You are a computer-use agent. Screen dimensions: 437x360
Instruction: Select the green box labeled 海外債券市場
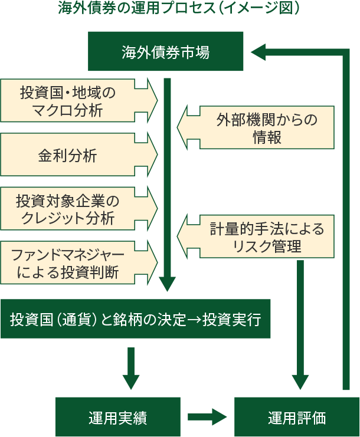pyautogui.click(x=166, y=52)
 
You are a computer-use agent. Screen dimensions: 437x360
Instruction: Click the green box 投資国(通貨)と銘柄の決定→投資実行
pyautogui.click(x=135, y=319)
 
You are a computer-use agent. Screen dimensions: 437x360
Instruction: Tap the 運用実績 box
pyautogui.click(x=117, y=417)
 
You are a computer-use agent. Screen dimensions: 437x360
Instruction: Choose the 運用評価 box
pyautogui.click(x=296, y=417)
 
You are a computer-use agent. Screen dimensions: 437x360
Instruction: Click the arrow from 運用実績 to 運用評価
pyautogui.click(x=207, y=417)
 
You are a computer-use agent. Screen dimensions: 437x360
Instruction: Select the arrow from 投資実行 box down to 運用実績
pyautogui.click(x=131, y=369)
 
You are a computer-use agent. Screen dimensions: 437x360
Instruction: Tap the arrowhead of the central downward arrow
pyautogui.click(x=168, y=284)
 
